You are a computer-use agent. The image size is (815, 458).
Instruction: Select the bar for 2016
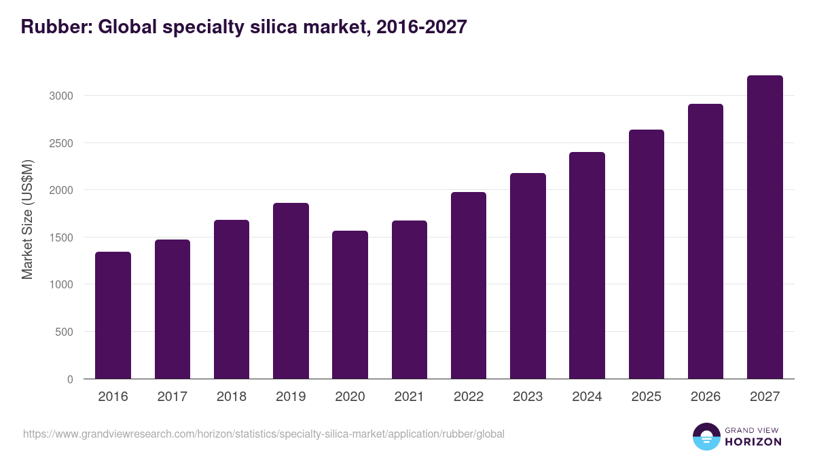[x=113, y=316]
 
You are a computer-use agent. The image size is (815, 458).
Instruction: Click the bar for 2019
[x=291, y=291]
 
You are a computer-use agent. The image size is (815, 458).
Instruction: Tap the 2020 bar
[x=350, y=305]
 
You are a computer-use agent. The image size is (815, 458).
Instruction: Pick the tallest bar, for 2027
[x=765, y=227]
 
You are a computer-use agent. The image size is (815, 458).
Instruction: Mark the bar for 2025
[x=646, y=254]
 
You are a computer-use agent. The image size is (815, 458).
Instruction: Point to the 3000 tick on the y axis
[x=60, y=96]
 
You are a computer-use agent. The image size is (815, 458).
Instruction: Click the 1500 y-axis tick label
[x=60, y=237]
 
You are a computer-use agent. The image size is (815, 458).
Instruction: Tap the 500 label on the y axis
[x=63, y=332]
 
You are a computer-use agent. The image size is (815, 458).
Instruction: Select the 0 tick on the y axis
[x=70, y=379]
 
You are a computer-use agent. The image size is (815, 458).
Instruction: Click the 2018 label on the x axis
[x=232, y=397]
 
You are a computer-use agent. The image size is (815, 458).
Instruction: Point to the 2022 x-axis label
[x=469, y=397]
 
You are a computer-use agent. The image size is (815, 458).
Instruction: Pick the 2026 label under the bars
[x=706, y=397]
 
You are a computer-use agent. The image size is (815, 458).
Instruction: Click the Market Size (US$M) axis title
[x=27, y=218]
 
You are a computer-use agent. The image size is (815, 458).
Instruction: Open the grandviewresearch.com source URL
[x=264, y=434]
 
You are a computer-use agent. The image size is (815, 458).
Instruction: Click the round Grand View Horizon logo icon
[x=706, y=436]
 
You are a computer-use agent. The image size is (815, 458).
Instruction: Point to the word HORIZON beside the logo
[x=753, y=442]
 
